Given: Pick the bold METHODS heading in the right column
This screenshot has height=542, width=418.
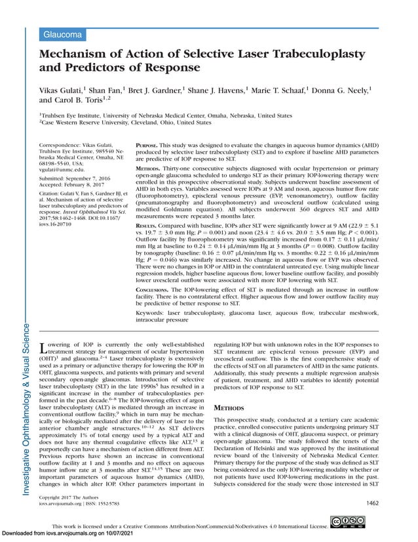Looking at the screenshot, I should [229, 407].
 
